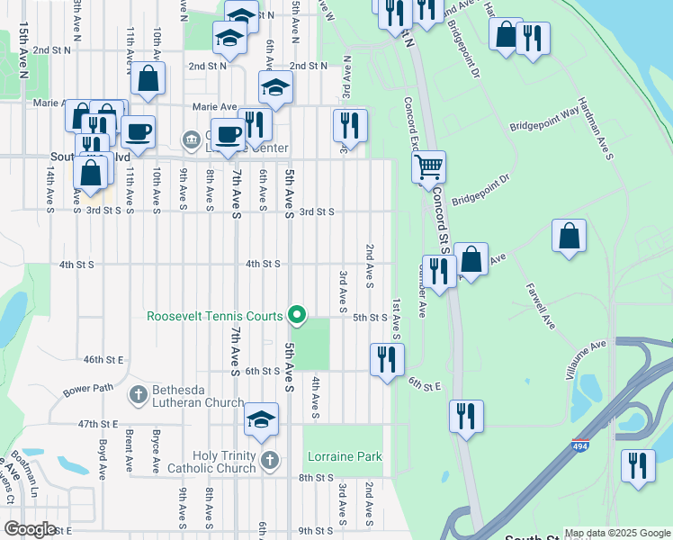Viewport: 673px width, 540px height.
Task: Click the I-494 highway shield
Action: click(575, 445)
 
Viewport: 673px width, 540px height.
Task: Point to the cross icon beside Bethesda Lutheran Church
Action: click(138, 394)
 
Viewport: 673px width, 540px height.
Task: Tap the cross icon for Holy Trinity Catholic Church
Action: click(270, 461)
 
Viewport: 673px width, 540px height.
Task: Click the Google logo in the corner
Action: click(30, 529)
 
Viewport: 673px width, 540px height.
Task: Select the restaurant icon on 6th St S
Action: click(387, 359)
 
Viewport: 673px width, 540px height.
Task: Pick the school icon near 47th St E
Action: click(261, 419)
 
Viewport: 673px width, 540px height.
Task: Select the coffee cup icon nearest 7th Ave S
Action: click(228, 135)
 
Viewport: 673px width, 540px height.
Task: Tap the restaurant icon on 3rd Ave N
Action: click(350, 124)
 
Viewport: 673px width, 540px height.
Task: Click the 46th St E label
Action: click(103, 359)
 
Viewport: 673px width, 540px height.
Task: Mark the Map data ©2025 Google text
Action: click(617, 533)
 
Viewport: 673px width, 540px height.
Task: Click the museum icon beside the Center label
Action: click(191, 139)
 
